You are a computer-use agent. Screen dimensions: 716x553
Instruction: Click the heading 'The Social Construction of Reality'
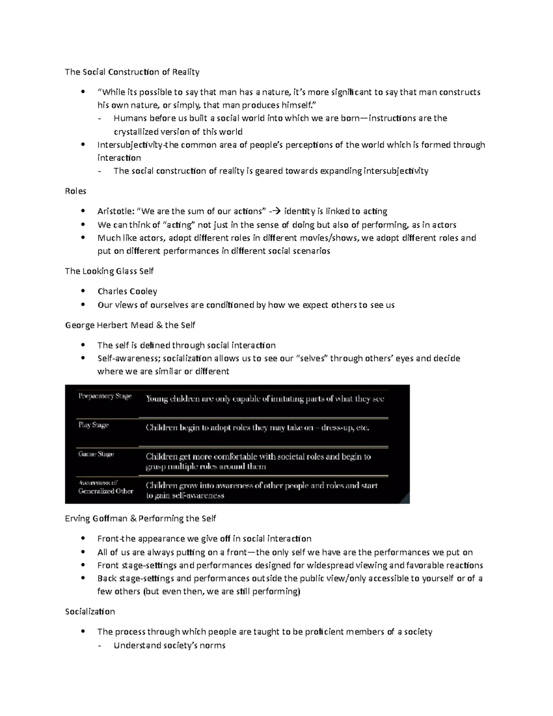pyautogui.click(x=132, y=72)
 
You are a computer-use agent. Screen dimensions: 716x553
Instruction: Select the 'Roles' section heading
pyautogui.click(x=76, y=191)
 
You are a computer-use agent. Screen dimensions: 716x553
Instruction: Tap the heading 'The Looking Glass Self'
pyautogui.click(x=109, y=271)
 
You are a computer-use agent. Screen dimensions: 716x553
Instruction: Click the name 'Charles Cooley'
pyautogui.click(x=127, y=291)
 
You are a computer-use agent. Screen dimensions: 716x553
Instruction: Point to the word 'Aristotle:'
pyautogui.click(x=116, y=211)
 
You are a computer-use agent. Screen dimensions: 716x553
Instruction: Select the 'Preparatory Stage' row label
pyautogui.click(x=105, y=396)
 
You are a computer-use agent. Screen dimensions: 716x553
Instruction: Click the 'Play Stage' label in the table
pyautogui.click(x=94, y=425)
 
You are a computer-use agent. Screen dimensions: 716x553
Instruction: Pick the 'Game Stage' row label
pyautogui.click(x=96, y=454)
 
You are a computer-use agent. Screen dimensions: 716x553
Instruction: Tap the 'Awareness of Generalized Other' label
pyautogui.click(x=106, y=487)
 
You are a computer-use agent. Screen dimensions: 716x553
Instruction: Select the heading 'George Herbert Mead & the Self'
pyautogui.click(x=130, y=325)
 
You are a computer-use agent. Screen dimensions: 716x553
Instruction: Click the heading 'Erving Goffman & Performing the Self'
pyautogui.click(x=141, y=519)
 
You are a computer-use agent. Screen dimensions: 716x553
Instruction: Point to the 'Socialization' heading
pyautogui.click(x=90, y=612)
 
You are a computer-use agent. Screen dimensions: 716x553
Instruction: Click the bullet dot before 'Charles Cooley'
pyautogui.click(x=82, y=291)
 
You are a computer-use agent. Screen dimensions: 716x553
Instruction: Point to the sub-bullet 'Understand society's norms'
pyautogui.click(x=169, y=645)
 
